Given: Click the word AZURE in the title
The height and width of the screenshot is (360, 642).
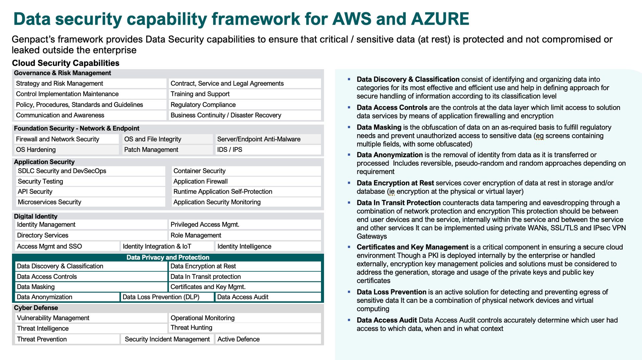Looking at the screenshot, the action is pyautogui.click(x=440, y=19).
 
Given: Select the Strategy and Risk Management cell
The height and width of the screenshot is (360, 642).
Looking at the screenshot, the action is pyautogui.click(x=90, y=83).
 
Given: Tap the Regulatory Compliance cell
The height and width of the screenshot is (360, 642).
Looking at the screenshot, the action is pyautogui.click(x=245, y=105).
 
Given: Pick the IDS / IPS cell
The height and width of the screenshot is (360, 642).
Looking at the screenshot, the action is pyautogui.click(x=268, y=150).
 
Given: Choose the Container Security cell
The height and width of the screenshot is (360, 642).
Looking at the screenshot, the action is pyautogui.click(x=246, y=171).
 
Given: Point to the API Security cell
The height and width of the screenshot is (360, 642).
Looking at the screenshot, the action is pyautogui.click(x=90, y=192).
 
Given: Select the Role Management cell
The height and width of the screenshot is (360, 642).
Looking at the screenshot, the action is pyautogui.click(x=245, y=235).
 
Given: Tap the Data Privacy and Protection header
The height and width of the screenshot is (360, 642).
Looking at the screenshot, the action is pyautogui.click(x=168, y=257).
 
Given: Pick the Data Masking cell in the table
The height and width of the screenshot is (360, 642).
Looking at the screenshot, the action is pyautogui.click(x=91, y=287).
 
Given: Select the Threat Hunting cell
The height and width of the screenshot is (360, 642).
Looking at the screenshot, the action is pyautogui.click(x=245, y=328).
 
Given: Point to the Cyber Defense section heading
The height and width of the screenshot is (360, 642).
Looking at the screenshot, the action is pyautogui.click(x=36, y=308).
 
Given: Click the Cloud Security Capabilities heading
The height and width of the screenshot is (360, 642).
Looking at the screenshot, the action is pyautogui.click(x=66, y=63).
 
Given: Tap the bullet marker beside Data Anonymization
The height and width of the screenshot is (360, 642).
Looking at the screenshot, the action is pyautogui.click(x=349, y=155).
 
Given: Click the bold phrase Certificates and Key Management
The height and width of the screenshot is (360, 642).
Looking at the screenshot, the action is pyautogui.click(x=412, y=247).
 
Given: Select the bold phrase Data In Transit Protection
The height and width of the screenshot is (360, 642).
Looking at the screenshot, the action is pyautogui.click(x=399, y=203).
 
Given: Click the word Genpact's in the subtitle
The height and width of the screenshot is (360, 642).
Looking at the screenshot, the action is pyautogui.click(x=33, y=39).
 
